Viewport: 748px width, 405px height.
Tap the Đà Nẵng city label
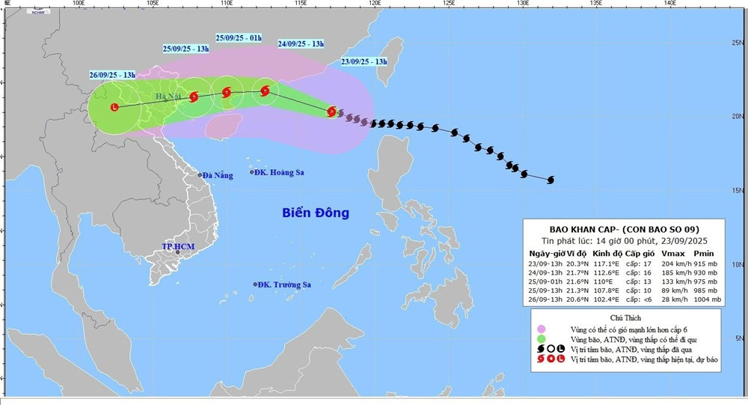[x=217, y=175]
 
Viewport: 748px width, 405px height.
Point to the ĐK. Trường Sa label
[x=282, y=284]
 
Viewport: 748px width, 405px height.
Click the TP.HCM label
[x=177, y=246]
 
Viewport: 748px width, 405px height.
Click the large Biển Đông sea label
[x=316, y=213]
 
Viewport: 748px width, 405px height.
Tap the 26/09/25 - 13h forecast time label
[x=112, y=74]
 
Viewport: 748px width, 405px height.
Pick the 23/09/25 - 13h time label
[x=364, y=61]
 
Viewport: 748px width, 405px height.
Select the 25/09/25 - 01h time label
[x=238, y=37]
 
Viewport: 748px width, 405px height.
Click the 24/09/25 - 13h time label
[x=301, y=43]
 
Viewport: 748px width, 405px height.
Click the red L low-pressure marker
[x=114, y=108]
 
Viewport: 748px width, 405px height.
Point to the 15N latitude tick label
[x=738, y=191]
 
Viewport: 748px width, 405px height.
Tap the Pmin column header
[x=704, y=254]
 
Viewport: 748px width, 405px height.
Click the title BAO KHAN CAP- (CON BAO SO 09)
[x=622, y=228]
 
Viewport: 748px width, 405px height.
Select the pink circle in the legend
[x=541, y=329]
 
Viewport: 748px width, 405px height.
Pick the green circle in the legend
[x=541, y=339]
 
